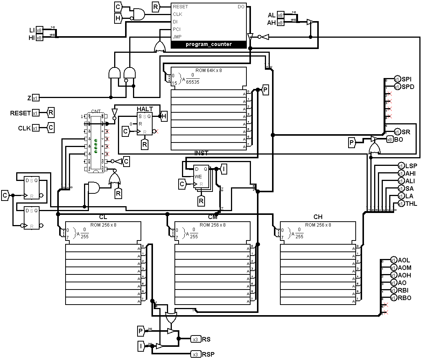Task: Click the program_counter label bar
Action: (209, 44)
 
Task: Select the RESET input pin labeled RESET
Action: (35, 113)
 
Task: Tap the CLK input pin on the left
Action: (35, 128)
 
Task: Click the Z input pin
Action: (35, 98)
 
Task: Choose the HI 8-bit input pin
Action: (40, 38)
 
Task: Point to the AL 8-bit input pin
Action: (280, 15)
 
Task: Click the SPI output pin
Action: (397, 79)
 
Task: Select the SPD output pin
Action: (397, 87)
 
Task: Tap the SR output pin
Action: (397, 132)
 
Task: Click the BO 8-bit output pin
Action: (390, 139)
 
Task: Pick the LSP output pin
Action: (401, 166)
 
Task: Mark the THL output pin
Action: (401, 204)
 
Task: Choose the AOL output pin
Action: (393, 260)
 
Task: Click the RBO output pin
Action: (393, 298)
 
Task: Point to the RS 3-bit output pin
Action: (196, 339)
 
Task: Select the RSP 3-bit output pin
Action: (196, 354)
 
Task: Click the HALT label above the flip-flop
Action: (145, 109)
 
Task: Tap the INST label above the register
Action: (201, 153)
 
